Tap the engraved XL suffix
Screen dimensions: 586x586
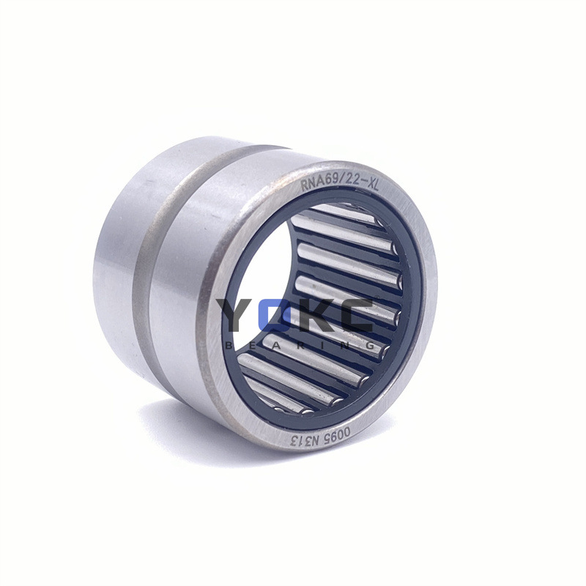(x=371, y=186)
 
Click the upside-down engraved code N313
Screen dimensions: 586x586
(x=304, y=440)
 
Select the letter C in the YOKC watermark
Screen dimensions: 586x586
(x=355, y=315)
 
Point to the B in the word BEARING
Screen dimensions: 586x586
(x=229, y=346)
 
